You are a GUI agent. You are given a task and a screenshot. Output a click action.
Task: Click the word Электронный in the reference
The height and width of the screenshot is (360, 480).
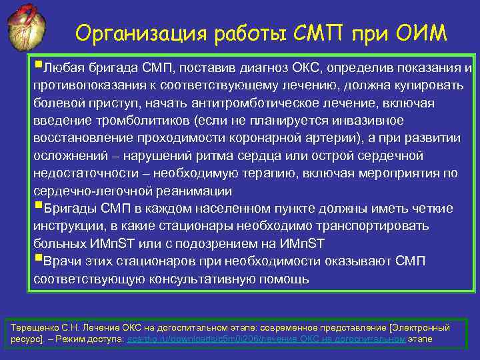point(419,328)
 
